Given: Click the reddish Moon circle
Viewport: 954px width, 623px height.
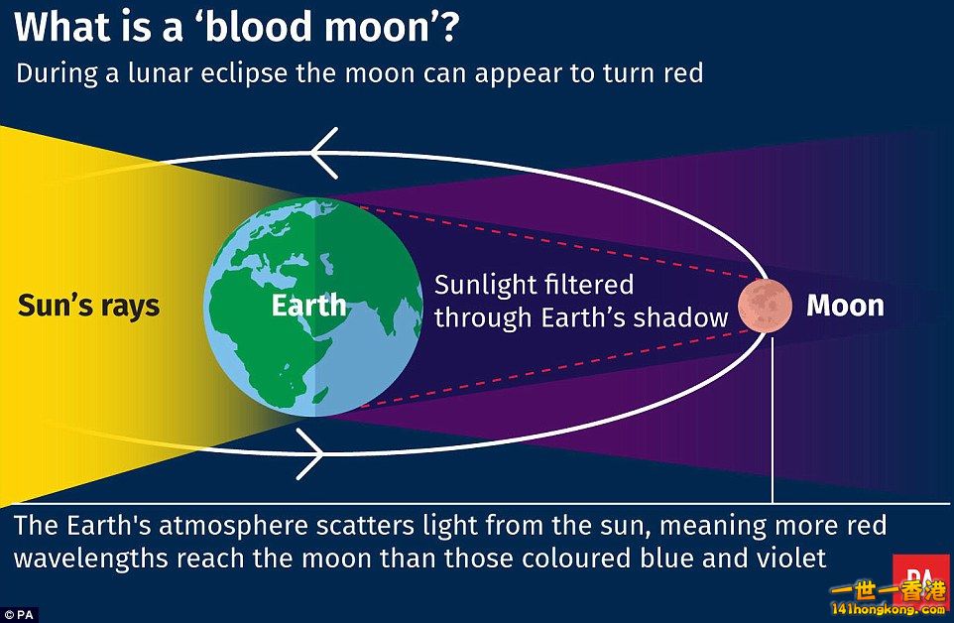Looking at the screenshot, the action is pyautogui.click(x=765, y=306).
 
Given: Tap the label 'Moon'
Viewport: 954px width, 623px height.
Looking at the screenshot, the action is pyautogui.click(x=845, y=306).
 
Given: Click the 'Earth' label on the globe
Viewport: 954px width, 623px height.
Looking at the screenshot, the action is pyautogui.click(x=308, y=306).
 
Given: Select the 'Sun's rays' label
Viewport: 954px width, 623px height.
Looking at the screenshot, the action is pyautogui.click(x=89, y=306).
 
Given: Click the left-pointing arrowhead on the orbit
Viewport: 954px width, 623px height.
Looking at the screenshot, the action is pyautogui.click(x=323, y=153).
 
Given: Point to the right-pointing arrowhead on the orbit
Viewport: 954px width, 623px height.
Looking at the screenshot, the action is pyautogui.click(x=309, y=453).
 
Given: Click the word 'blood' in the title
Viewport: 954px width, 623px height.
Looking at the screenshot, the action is pyautogui.click(x=256, y=28).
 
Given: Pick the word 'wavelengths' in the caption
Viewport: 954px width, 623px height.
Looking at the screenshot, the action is pyautogui.click(x=90, y=558).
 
